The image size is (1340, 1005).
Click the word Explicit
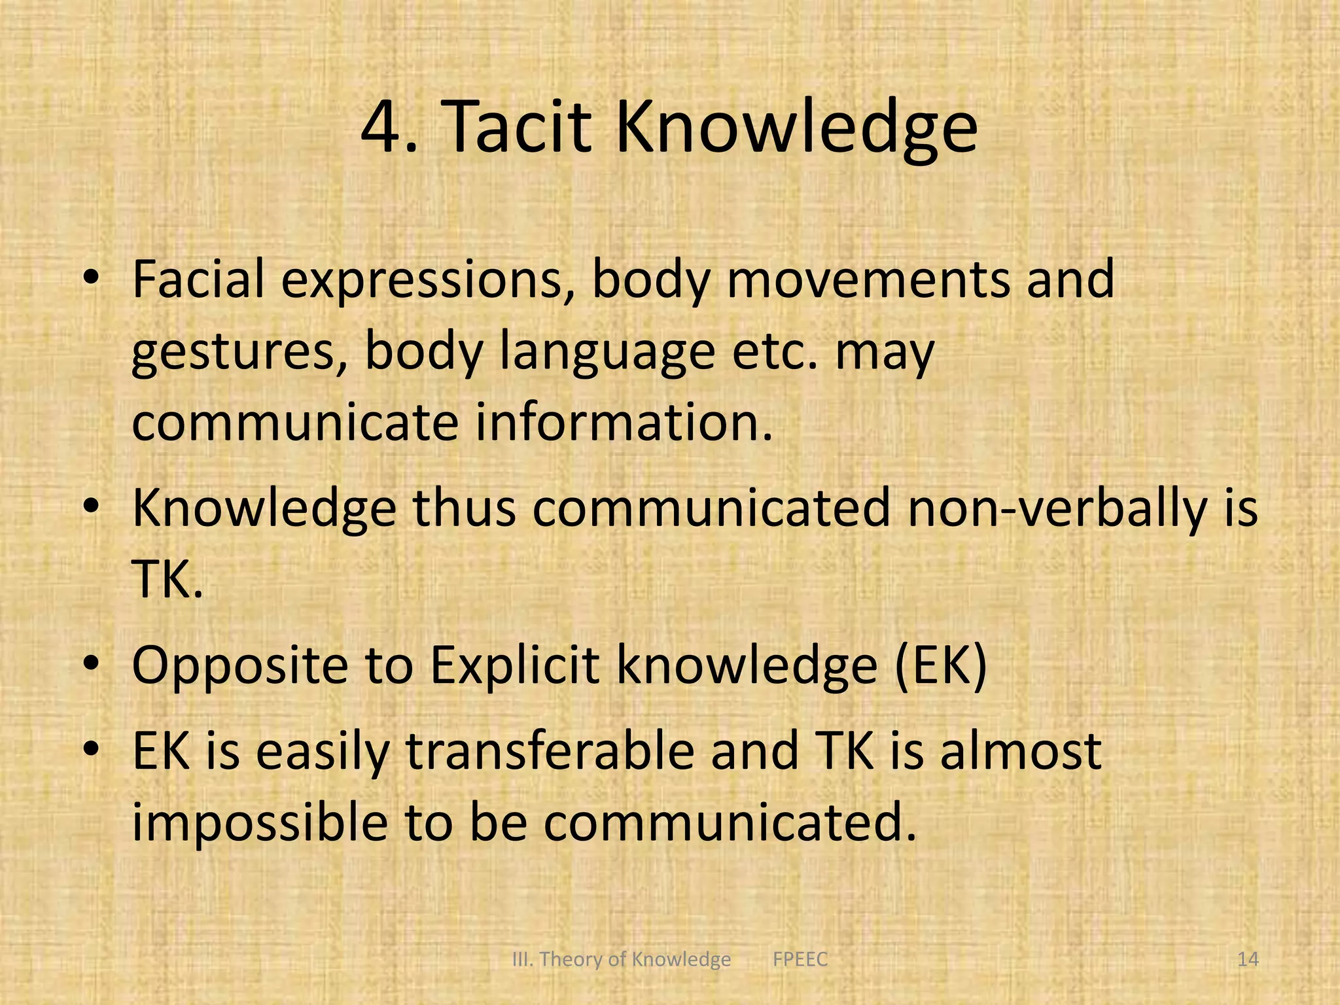coord(514,667)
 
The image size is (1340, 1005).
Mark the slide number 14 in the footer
coord(1248,960)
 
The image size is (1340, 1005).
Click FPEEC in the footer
coord(800,960)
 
